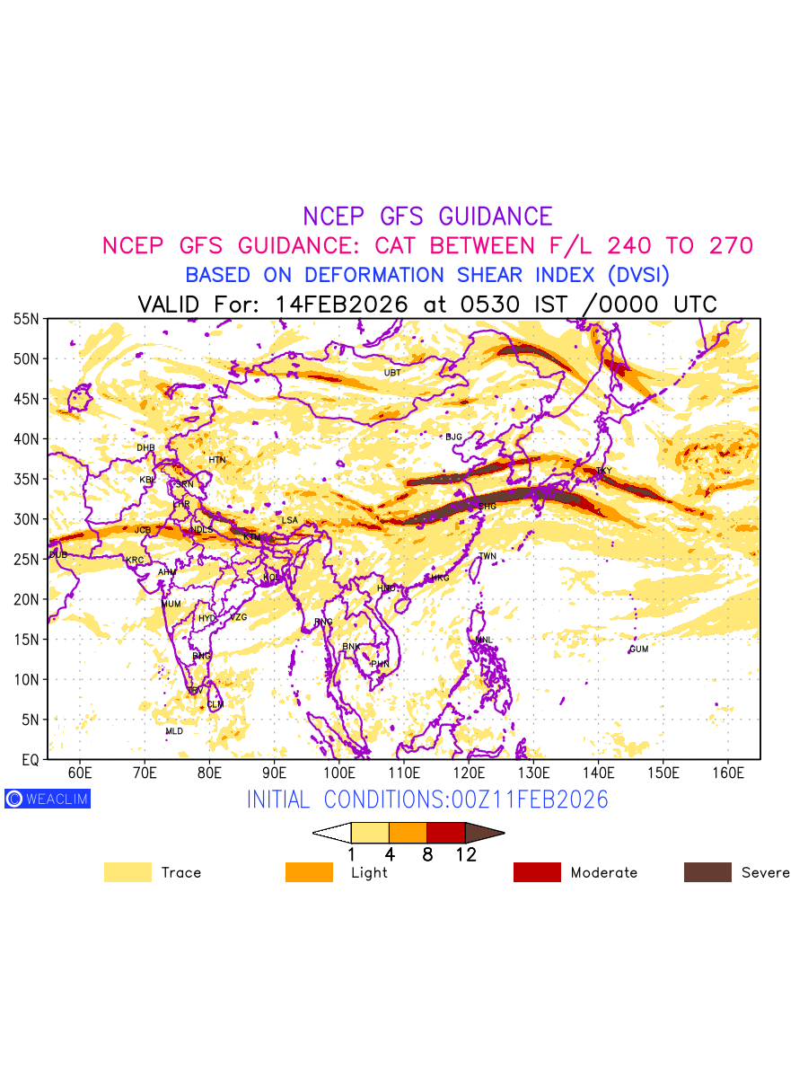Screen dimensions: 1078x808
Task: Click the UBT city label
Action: coord(392,373)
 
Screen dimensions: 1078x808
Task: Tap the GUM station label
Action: coord(638,649)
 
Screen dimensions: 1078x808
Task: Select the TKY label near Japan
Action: coord(603,471)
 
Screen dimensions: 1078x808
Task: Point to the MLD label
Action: coord(174,731)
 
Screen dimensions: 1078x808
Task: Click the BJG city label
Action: coord(453,437)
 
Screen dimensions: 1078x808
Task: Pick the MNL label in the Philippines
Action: coord(485,640)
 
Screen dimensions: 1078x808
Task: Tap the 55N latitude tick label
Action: coord(26,319)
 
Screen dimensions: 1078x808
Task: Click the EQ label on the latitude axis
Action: coord(30,759)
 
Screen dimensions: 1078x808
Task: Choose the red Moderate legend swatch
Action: coord(537,872)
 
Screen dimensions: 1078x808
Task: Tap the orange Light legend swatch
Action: coord(309,872)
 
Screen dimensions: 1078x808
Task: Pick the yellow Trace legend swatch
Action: coord(127,872)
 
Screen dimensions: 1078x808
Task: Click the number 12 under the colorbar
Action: coord(465,854)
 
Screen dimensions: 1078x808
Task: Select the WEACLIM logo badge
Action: coord(48,799)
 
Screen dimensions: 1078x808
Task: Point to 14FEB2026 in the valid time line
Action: coord(342,304)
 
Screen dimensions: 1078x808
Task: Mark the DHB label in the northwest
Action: coord(145,447)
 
